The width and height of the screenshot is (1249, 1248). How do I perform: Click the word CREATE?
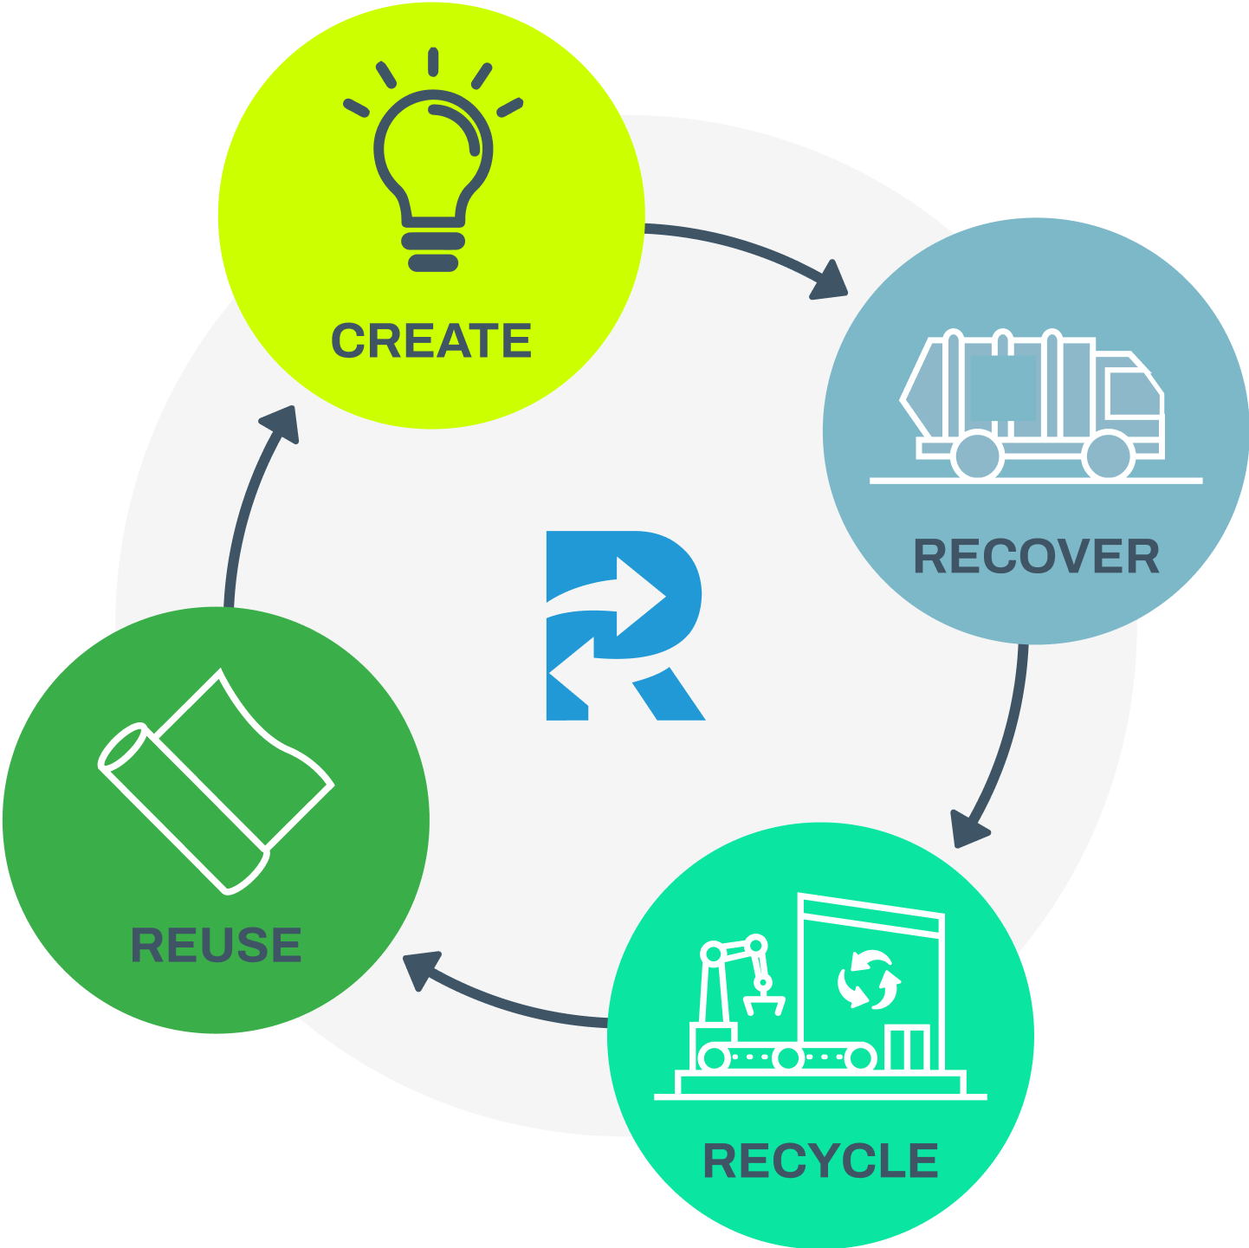click(x=430, y=340)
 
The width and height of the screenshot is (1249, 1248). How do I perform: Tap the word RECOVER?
click(x=1036, y=557)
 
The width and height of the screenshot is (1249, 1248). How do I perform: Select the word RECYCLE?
click(x=820, y=1161)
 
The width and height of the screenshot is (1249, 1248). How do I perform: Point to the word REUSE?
click(x=216, y=945)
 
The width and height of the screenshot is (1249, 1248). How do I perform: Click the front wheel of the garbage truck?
click(x=1110, y=455)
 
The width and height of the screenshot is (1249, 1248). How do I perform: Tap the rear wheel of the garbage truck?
click(x=977, y=455)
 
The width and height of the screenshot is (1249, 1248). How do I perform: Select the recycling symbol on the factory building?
click(x=869, y=980)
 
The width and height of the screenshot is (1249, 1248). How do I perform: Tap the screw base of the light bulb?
click(x=433, y=249)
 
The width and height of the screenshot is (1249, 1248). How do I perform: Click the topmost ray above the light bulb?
click(x=433, y=61)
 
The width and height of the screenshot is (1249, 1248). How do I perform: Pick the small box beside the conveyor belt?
click(x=909, y=1047)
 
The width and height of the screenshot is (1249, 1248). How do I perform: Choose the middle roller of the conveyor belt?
click(x=788, y=1057)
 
